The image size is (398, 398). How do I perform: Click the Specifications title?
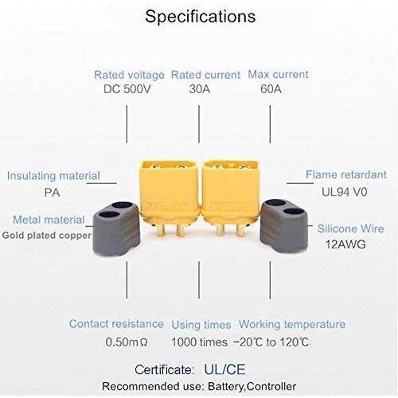[x=201, y=17]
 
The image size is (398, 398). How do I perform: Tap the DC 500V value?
[x=127, y=89]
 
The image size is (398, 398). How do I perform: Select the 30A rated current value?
[x=200, y=89]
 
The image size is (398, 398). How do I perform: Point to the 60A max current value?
[x=271, y=89]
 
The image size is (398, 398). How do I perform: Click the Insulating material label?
[x=53, y=176]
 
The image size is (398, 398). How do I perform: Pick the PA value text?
[x=52, y=193]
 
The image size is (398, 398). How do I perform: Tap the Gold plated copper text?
[x=47, y=236]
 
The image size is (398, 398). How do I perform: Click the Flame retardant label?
[x=346, y=174]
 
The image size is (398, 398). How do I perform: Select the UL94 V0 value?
[x=345, y=192]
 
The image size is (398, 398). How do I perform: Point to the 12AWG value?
[x=345, y=244]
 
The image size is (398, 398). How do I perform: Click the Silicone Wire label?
[x=351, y=228]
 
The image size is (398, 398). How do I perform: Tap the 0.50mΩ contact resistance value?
[x=127, y=342]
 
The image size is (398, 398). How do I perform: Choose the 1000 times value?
[x=199, y=342]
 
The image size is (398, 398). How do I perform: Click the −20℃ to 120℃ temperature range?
[x=271, y=342]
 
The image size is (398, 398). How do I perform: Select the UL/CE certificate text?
[x=224, y=369]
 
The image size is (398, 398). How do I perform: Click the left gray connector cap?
[x=116, y=228]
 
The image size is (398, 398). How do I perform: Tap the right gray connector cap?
[x=284, y=226]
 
